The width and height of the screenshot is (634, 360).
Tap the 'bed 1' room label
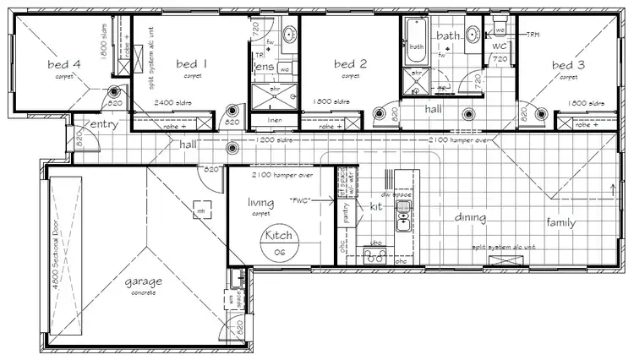click(190, 63)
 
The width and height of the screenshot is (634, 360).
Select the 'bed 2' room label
click(349, 63)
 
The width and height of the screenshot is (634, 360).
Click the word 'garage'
click(144, 281)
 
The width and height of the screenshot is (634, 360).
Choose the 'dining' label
click(470, 218)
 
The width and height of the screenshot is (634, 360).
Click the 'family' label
click(562, 222)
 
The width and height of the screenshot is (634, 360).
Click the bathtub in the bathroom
click(417, 47)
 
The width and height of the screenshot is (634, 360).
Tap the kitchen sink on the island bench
click(403, 221)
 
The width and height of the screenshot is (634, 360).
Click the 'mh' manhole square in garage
click(201, 211)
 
